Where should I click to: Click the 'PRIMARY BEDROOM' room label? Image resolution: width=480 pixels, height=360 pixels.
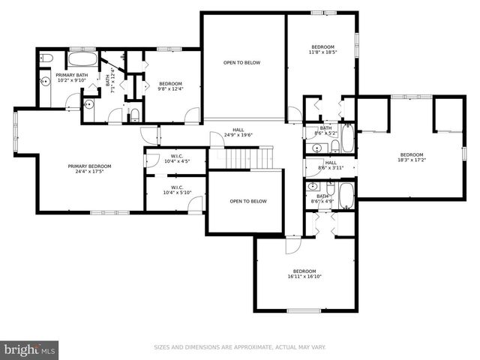(89, 166)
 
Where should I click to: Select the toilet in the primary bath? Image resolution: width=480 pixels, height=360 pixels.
(45, 58)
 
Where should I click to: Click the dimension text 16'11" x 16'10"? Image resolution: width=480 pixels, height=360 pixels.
(304, 277)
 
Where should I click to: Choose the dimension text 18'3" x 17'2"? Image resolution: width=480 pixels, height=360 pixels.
(411, 160)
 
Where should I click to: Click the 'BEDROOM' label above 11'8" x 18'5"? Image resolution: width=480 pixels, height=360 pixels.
(322, 46)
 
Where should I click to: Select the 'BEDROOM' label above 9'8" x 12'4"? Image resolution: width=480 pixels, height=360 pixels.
(170, 84)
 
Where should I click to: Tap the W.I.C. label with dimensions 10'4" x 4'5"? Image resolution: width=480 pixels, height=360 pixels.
(177, 157)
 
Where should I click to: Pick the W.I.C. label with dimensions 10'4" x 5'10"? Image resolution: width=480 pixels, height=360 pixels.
(177, 188)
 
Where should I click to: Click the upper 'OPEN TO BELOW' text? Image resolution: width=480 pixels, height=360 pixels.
(241, 63)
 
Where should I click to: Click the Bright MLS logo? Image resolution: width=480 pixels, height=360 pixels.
(30, 349)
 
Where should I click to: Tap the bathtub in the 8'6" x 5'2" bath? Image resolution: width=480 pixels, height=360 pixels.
(348, 138)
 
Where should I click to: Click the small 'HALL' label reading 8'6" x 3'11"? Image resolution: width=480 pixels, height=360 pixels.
(331, 163)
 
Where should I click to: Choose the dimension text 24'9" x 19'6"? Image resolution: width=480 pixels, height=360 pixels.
(238, 136)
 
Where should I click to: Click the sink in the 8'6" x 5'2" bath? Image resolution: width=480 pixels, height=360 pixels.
(312, 135)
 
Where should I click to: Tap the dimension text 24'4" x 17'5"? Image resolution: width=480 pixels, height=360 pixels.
(89, 172)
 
